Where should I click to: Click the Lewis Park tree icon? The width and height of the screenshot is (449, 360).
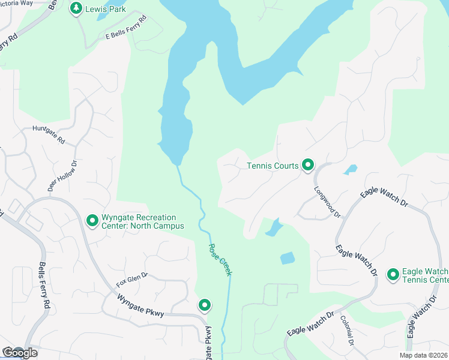(76, 8)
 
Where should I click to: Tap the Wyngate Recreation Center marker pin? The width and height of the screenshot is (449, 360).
(92, 221)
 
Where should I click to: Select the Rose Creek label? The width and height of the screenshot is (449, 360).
(220, 260)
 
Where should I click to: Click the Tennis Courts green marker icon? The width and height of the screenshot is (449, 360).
(308, 164)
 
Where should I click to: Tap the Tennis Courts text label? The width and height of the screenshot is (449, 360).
(273, 166)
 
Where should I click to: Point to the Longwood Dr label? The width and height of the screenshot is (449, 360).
(327, 202)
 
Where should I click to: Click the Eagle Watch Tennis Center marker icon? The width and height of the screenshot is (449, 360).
(393, 275)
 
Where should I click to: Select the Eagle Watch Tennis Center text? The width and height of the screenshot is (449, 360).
(425, 275)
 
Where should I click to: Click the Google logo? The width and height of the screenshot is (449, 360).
(20, 353)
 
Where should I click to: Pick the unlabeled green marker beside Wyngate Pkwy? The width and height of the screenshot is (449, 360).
(205, 305)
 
